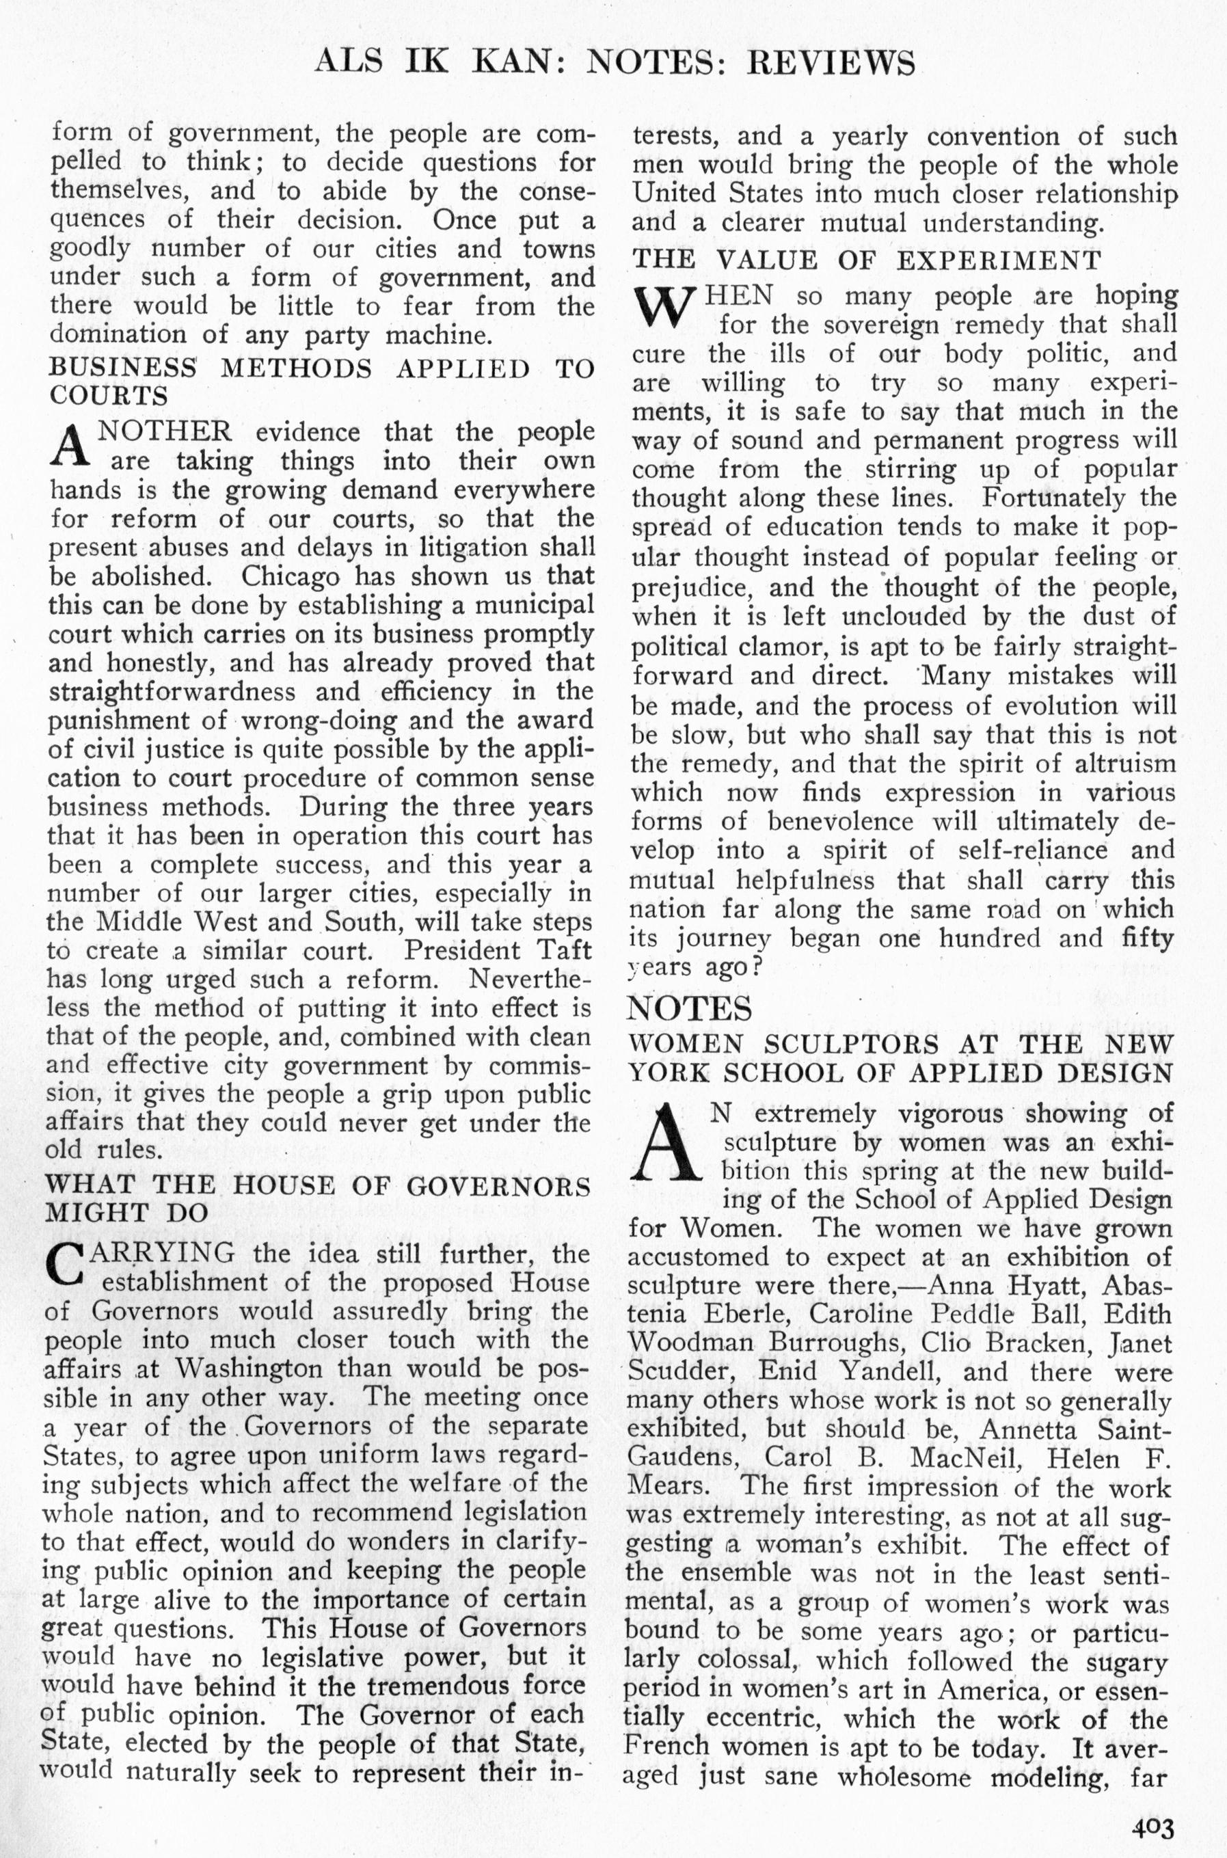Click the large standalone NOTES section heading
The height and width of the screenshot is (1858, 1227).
[690, 1008]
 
